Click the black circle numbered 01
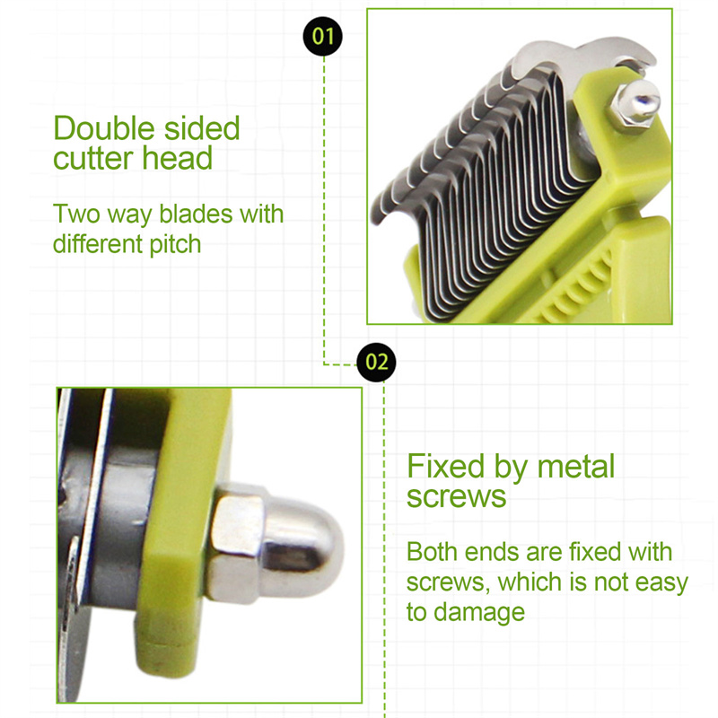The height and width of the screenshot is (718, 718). coord(323,36)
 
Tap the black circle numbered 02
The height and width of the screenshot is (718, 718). coord(376,363)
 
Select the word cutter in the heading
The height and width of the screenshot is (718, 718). coord(93,158)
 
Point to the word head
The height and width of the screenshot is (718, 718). coord(178,158)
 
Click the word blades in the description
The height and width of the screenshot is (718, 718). coord(196,214)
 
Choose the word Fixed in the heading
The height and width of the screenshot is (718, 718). coord(445,466)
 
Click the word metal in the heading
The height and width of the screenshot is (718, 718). coord(576,467)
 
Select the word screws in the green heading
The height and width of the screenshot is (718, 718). coord(457,496)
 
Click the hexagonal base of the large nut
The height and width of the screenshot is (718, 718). coord(235,544)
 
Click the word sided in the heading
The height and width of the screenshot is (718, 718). coord(202,127)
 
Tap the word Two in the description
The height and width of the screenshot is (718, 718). coord(76,214)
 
